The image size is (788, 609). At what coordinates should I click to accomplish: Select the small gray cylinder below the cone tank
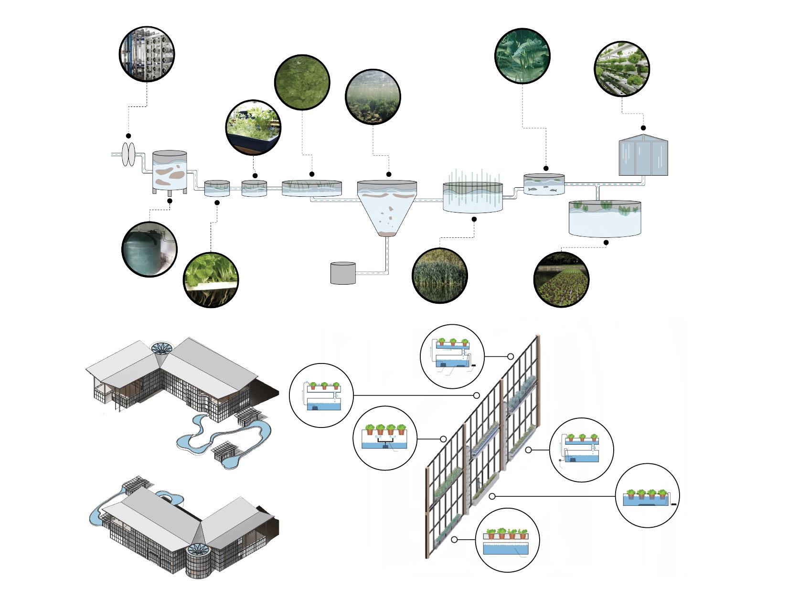click(343, 273)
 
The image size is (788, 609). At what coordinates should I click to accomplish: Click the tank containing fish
click(544, 185)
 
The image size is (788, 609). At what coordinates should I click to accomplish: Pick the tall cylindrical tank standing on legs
click(170, 172)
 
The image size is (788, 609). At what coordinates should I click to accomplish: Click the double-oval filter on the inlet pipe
click(128, 154)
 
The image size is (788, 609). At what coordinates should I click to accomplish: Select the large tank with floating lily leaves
click(605, 218)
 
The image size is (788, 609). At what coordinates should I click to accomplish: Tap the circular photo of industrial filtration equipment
click(147, 54)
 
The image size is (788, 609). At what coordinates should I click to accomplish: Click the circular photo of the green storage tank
click(149, 249)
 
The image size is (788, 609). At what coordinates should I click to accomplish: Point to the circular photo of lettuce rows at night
click(561, 279)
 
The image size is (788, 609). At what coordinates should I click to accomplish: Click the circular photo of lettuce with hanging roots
click(211, 280)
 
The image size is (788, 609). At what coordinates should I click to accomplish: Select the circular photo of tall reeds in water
click(439, 275)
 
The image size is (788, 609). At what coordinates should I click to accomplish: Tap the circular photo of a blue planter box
click(253, 128)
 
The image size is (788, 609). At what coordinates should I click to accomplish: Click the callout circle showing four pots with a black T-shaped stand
click(385, 438)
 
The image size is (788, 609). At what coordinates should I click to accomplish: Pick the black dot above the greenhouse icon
click(643, 128)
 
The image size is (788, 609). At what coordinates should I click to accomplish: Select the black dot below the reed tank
click(474, 219)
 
